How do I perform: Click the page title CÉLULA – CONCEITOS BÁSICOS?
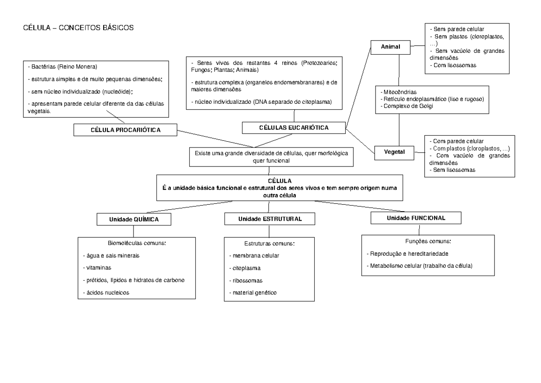(78, 28)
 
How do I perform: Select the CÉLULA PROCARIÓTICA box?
(126, 130)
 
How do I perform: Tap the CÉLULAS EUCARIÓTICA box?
(293, 128)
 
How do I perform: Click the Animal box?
(390, 46)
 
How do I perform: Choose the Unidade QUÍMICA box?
(134, 219)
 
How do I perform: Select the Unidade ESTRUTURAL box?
(270, 219)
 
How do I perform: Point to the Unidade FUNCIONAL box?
(416, 217)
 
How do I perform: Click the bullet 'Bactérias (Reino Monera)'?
(64, 67)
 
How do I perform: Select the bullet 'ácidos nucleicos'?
(106, 292)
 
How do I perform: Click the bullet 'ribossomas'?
(245, 280)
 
